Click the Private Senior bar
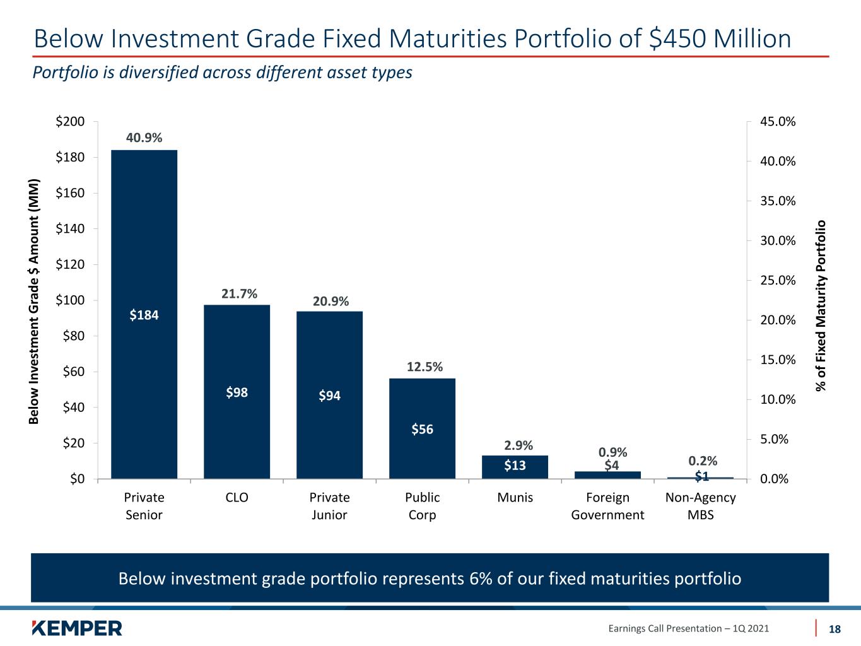[x=144, y=314]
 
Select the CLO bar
[x=237, y=392]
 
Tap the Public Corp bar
[x=422, y=429]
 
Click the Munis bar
[x=515, y=467]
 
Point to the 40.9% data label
[x=144, y=138]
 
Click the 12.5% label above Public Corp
[x=425, y=367]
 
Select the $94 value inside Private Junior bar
[x=329, y=396]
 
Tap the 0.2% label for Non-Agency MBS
[x=703, y=461]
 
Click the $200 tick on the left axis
[x=70, y=122]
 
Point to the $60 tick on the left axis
[x=74, y=372]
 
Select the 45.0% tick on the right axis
[x=778, y=122]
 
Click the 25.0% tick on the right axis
[x=778, y=281]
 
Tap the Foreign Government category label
[x=607, y=506]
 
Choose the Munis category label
[x=515, y=497]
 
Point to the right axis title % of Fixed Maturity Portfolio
[x=821, y=305]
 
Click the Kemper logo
[x=77, y=628]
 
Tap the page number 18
[x=835, y=629]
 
